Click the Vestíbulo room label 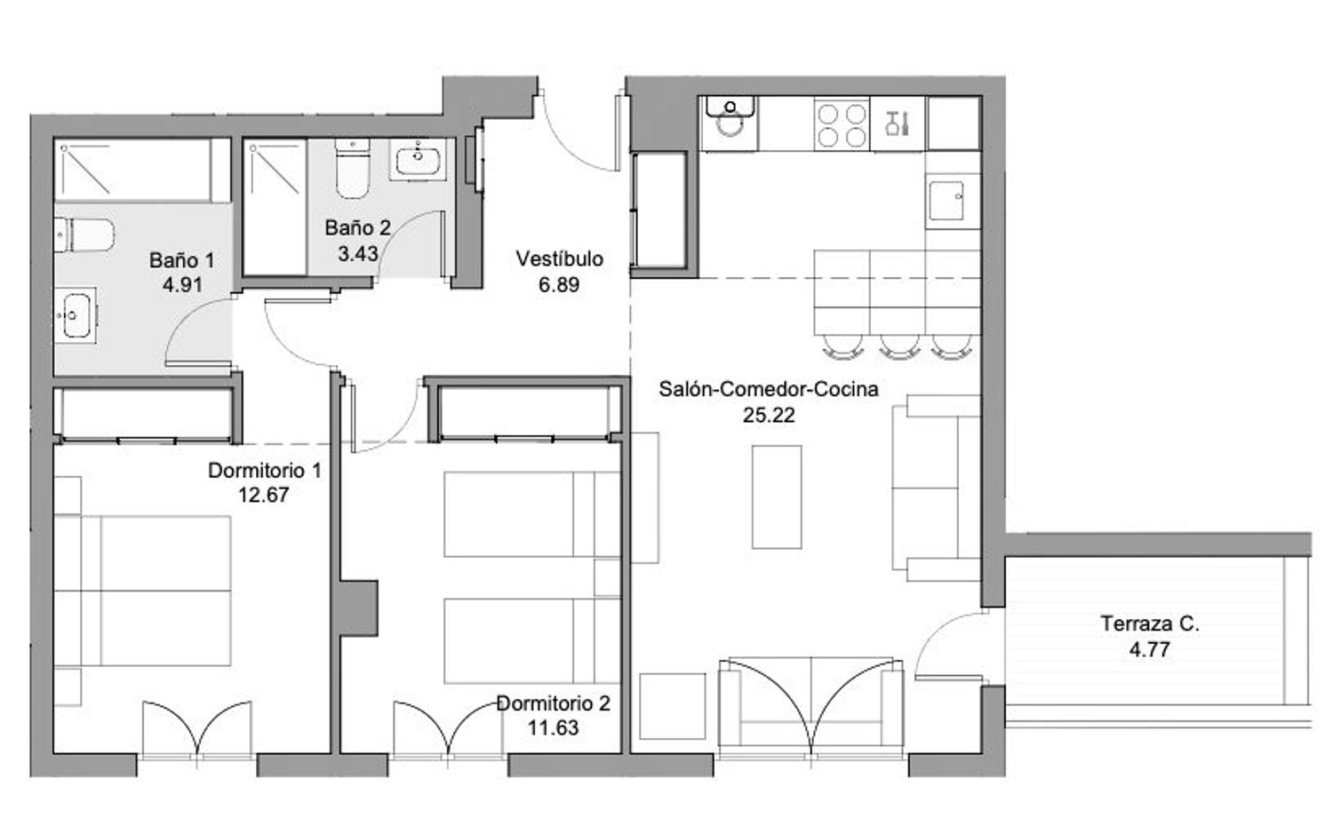pos(559,258)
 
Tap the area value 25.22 pos(769,415)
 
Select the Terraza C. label pos(1150,624)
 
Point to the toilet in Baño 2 pos(352,169)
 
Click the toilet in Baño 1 pos(84,235)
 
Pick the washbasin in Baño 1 pos(76,315)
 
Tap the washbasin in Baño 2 pos(418,159)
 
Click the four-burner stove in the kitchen pos(842,125)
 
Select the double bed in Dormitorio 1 pos(143,591)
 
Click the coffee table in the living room pos(777,496)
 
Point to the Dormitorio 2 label pos(553,703)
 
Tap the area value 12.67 pos(264,495)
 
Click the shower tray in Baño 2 pos(275,207)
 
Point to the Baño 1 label pos(181,260)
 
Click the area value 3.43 pos(357,254)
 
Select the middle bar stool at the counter pos(899,348)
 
